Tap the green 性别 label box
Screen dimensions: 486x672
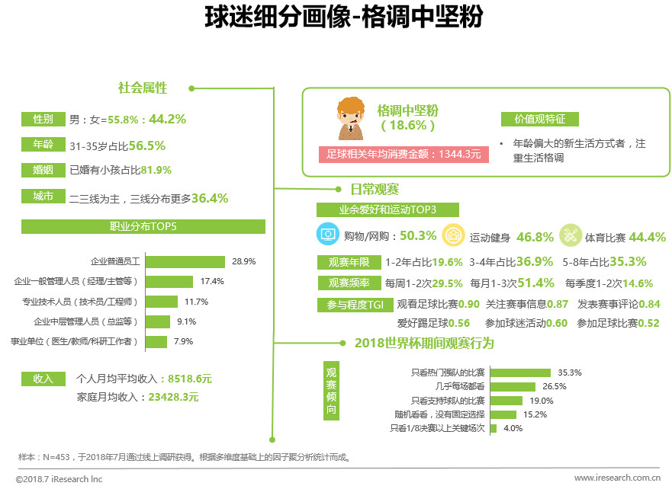43,119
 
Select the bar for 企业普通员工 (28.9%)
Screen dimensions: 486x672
185,261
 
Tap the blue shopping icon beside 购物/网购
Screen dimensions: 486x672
328,236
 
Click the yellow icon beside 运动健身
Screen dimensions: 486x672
452,236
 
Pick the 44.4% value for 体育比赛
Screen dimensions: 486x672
648,237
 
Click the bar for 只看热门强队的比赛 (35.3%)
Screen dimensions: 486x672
520,372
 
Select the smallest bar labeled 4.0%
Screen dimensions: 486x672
493,428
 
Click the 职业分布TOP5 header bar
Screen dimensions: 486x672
143,226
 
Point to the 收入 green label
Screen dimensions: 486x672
43,378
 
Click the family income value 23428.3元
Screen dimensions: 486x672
173,397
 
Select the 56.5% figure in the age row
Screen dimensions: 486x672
146,145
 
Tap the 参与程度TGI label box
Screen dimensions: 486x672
355,304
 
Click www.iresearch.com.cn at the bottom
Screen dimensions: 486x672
616,478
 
